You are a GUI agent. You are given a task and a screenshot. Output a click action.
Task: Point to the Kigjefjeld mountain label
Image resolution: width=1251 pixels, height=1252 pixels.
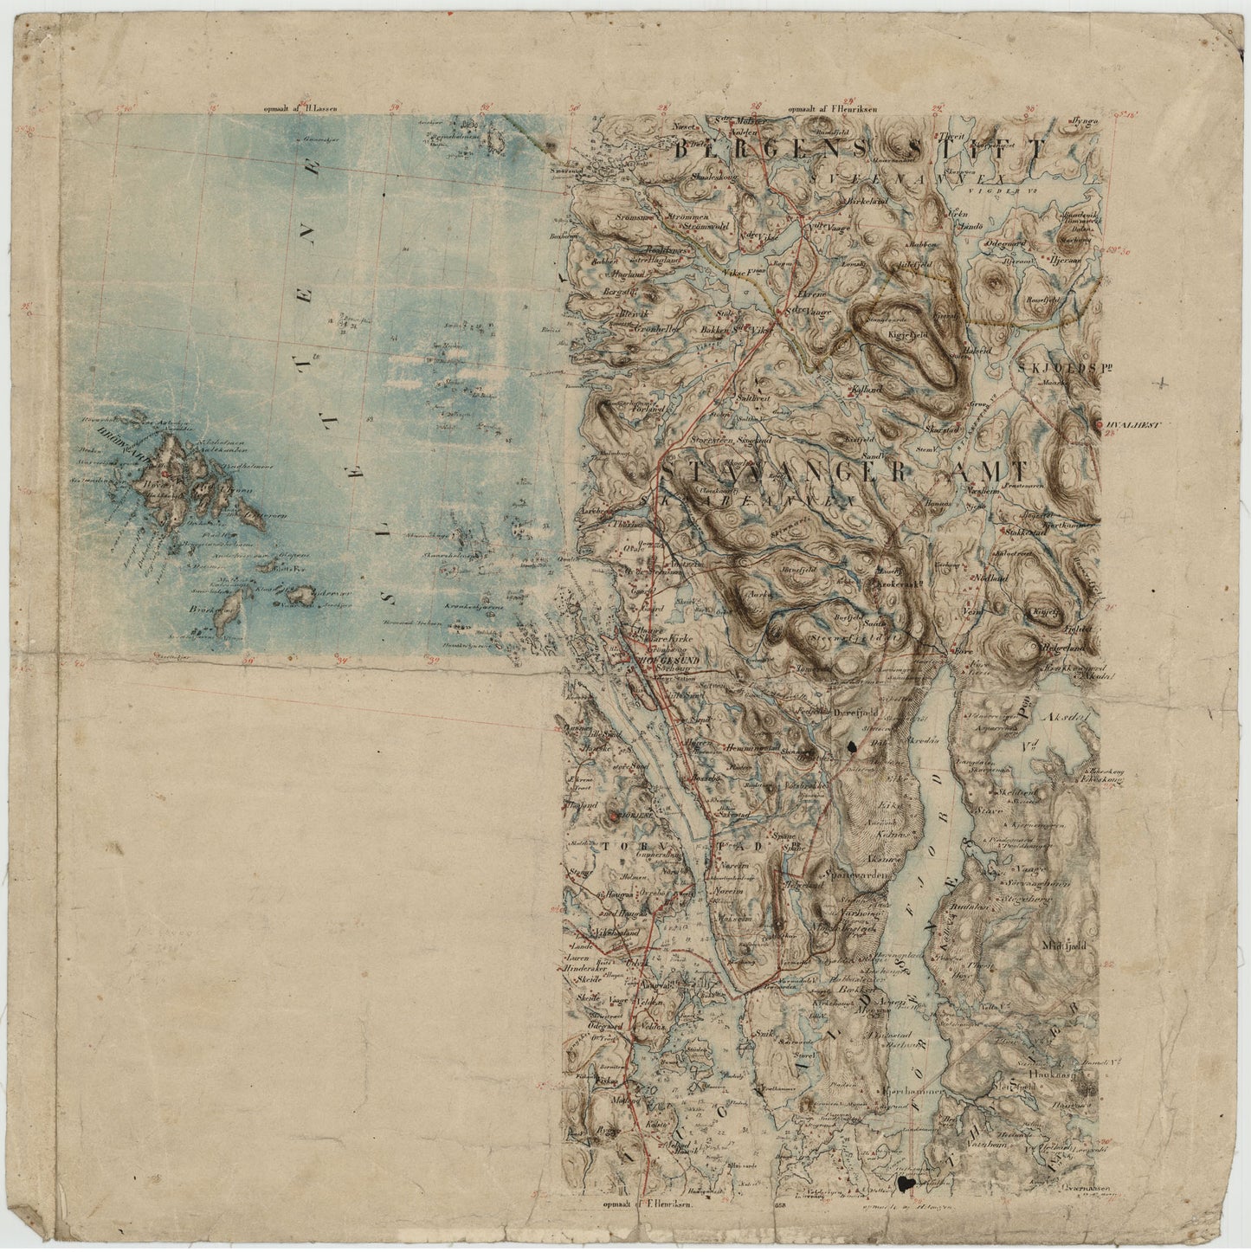pyautogui.click(x=909, y=332)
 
